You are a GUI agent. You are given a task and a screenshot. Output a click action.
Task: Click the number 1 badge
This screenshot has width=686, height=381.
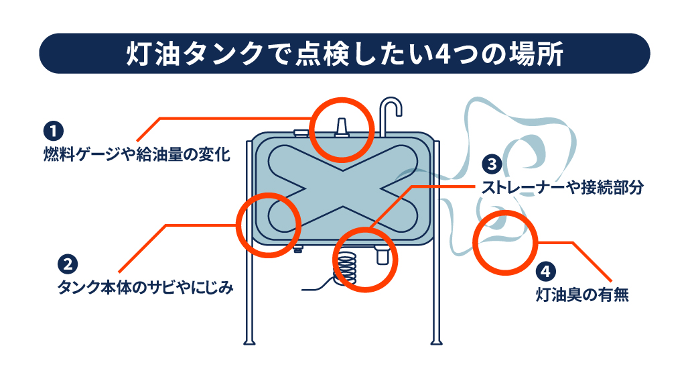pos(54,131)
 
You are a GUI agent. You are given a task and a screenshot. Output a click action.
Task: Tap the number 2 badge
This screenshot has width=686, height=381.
pos(68,264)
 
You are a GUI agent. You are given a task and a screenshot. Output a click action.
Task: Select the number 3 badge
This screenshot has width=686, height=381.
pos(492,164)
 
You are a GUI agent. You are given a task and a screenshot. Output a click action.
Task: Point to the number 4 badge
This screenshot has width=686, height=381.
pos(545,272)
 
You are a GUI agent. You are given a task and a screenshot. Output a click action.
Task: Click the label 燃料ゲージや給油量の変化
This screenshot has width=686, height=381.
pos(137,154)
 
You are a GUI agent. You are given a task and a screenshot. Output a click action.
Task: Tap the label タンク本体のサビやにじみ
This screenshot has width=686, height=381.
pos(145,288)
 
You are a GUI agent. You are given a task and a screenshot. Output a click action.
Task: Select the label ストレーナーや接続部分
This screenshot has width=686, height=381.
pos(563,187)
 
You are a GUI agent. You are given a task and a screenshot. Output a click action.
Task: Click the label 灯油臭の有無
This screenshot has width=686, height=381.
pos(582,294)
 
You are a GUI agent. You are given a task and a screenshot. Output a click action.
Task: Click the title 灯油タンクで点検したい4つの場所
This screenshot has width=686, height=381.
pos(344,54)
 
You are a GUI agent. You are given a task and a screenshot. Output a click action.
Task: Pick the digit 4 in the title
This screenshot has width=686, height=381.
pos(443,54)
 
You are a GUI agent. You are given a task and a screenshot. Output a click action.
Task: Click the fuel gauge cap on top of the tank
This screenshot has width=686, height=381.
pos(341,127)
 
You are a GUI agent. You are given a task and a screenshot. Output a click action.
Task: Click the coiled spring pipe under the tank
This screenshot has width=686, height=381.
pos(346,269)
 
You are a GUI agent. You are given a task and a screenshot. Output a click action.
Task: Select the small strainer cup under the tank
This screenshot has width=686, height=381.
pos(382,255)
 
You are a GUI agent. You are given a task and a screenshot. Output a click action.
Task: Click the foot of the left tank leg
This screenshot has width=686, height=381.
pos(249,341)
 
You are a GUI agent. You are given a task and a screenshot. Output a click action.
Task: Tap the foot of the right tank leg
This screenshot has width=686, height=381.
pos(436,341)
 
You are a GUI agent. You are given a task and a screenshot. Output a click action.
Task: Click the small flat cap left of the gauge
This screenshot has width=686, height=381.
pos(301,132)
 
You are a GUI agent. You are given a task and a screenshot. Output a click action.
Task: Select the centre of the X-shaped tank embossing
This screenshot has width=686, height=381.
pos(342,188)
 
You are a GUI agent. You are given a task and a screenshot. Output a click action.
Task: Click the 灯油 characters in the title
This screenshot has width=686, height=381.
pos(151,54)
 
